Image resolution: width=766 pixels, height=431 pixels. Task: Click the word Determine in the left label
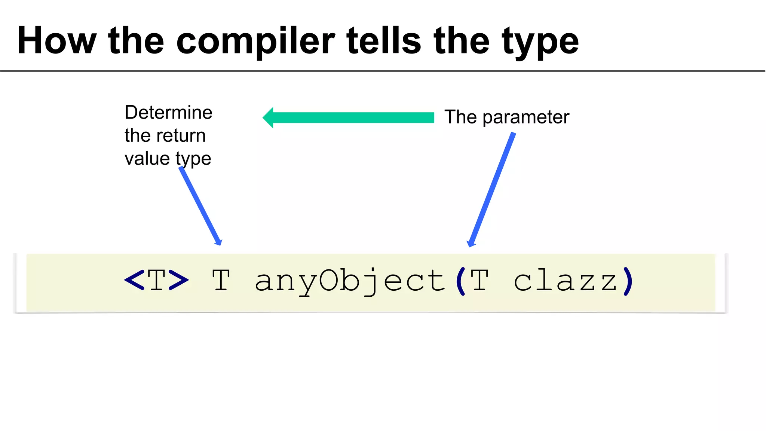tap(168, 112)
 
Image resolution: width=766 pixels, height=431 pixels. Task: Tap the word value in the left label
tap(147, 159)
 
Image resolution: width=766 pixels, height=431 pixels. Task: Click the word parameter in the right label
tap(526, 117)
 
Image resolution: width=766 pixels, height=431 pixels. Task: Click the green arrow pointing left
tap(352, 117)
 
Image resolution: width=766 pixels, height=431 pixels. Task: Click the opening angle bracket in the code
tap(134, 280)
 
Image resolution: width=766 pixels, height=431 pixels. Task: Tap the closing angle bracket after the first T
tap(178, 280)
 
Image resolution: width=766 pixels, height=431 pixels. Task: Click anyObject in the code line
tap(350, 281)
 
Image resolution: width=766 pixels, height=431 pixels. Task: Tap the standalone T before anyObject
tap(221, 280)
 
